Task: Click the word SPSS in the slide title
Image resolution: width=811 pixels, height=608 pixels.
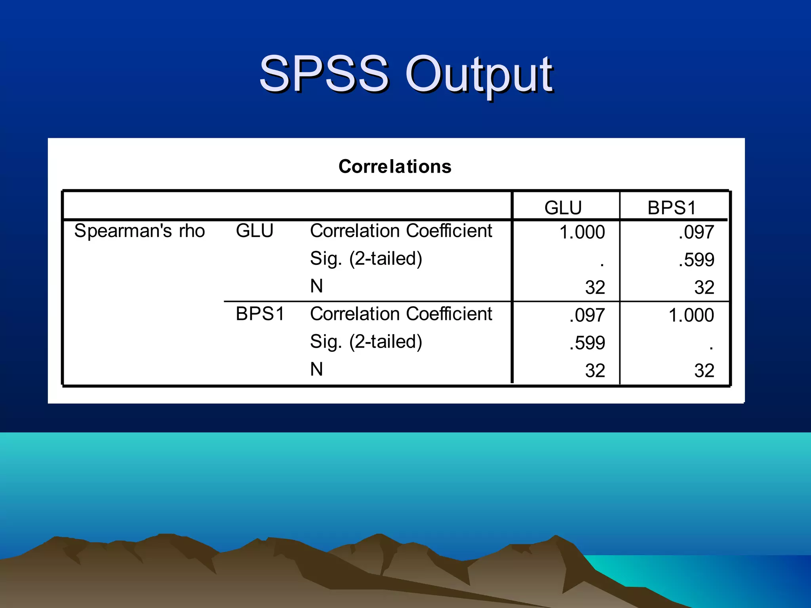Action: coord(324,74)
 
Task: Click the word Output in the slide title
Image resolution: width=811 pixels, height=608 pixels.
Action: coord(478,75)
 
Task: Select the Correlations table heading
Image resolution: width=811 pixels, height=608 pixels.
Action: coord(395,167)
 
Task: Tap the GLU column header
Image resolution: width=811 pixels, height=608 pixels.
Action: coord(563,208)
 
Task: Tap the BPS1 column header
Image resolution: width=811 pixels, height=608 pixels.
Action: coord(672,208)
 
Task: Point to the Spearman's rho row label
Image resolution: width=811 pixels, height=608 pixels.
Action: coord(139,231)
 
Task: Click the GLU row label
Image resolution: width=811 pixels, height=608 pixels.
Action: coord(255,231)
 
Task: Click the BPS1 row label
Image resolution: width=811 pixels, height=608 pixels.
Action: coord(260,314)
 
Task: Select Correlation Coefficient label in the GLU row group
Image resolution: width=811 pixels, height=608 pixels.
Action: coord(401,231)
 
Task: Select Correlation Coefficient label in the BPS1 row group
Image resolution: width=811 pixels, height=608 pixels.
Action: coord(401,314)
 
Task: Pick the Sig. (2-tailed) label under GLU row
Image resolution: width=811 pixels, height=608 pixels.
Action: coord(366,259)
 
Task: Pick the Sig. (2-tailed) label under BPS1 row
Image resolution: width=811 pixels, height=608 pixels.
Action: coord(366,342)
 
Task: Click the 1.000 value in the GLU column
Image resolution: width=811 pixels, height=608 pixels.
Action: coord(582,232)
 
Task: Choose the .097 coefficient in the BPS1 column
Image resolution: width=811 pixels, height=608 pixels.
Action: coord(696,232)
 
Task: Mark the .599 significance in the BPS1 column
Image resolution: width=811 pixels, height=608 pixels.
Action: coord(696,260)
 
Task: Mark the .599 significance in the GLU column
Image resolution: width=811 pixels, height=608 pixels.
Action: coord(587,343)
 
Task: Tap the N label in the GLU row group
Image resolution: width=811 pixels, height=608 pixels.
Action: coord(316,286)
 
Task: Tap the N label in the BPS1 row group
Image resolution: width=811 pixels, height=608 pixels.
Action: coord(316,370)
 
